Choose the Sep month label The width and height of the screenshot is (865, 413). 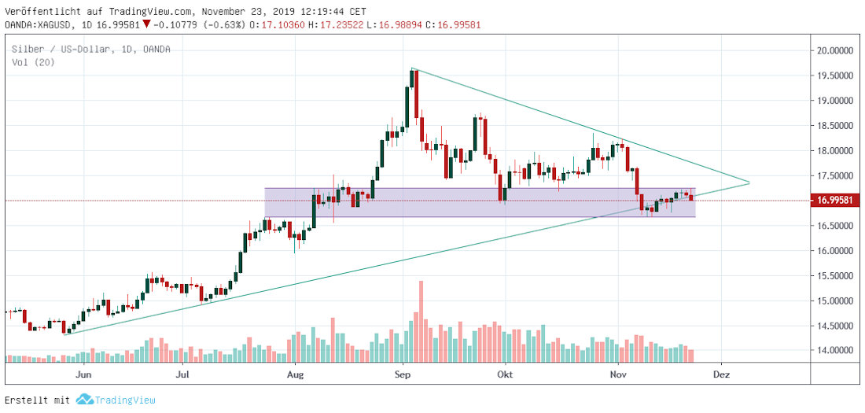click(403, 374)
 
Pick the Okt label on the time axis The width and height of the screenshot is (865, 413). click(505, 374)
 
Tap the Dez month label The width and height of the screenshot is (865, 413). click(722, 374)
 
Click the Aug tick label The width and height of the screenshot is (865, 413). click(296, 374)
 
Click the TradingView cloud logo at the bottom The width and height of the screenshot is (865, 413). click(84, 400)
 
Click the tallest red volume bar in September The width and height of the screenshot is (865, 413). click(421, 320)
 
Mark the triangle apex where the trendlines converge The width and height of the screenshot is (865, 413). click(749, 183)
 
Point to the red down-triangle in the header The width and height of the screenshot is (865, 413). click(147, 24)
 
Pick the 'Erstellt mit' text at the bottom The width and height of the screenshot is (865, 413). click(37, 400)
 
